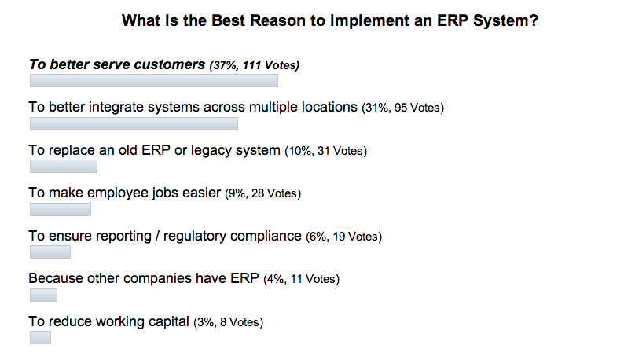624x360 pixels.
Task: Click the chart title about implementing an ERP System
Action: [x=330, y=21]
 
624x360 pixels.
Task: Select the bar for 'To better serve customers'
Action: [x=153, y=80]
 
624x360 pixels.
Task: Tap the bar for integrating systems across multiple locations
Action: [x=134, y=123]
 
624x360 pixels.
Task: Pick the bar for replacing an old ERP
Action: [x=63, y=166]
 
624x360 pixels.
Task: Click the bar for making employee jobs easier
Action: [x=60, y=209]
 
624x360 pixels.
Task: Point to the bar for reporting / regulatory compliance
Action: [x=50, y=252]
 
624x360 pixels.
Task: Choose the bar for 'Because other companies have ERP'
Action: [x=43, y=295]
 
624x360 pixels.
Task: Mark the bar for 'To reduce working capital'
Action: [x=40, y=337]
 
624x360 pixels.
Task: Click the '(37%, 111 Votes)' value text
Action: [x=254, y=65]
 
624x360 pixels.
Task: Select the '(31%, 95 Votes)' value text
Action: [x=403, y=108]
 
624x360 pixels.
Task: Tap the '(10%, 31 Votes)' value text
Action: [x=326, y=151]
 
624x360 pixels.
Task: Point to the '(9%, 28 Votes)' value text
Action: [x=263, y=193]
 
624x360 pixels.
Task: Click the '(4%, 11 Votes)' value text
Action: [x=300, y=279]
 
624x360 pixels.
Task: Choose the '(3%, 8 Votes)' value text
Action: [x=228, y=321]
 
